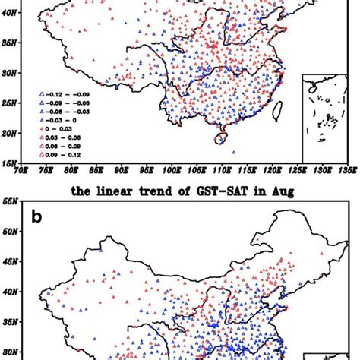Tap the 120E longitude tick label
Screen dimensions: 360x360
[x=272, y=170]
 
